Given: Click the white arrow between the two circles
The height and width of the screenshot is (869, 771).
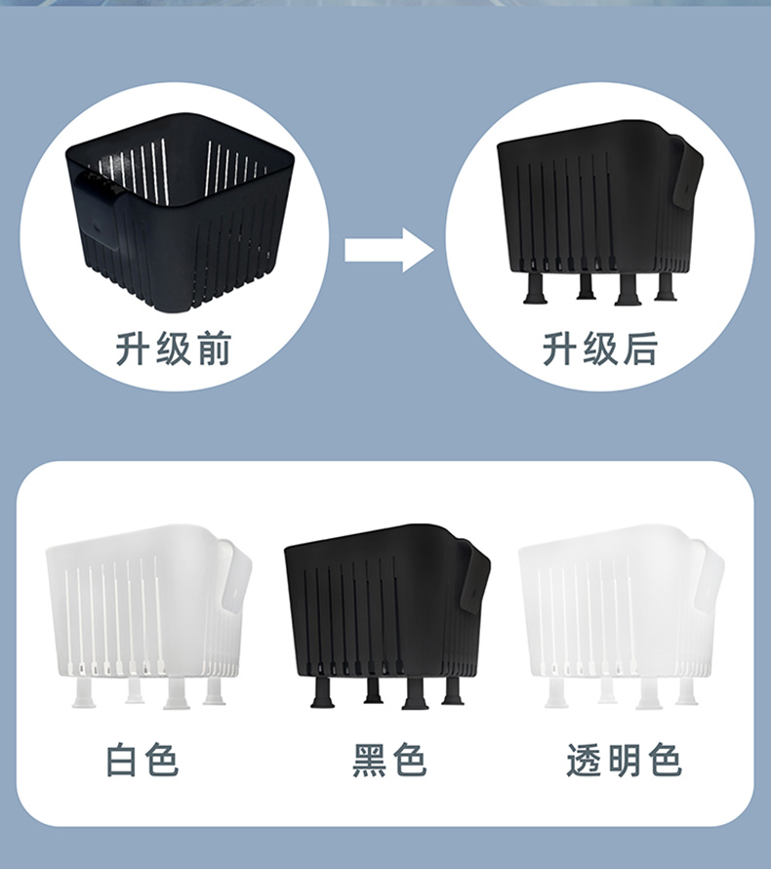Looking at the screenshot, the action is (x=388, y=250).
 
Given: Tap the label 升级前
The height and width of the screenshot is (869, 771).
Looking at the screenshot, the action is (x=175, y=349).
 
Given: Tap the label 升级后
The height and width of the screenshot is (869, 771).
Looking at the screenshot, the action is (x=600, y=349).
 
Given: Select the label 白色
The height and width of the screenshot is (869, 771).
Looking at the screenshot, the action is (x=142, y=761).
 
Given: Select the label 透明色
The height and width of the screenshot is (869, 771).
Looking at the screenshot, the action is (x=625, y=761).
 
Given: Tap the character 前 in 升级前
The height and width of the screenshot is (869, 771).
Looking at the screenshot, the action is (x=214, y=349).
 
